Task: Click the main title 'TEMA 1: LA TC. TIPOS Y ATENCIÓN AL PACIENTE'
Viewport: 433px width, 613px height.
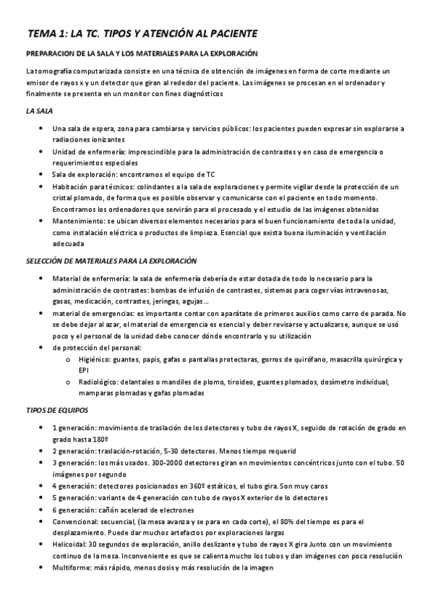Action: click(x=142, y=34)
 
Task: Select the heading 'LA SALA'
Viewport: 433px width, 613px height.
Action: click(x=38, y=111)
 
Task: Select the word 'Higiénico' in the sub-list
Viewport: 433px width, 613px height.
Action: click(x=93, y=359)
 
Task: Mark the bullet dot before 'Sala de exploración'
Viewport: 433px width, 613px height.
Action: click(x=39, y=175)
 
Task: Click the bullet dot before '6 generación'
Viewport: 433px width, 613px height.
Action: click(x=39, y=510)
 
